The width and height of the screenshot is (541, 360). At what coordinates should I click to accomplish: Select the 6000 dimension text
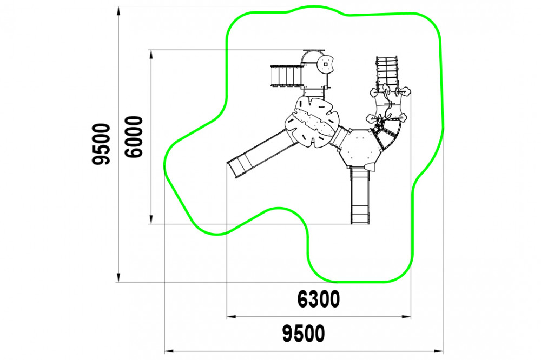coord(134,137)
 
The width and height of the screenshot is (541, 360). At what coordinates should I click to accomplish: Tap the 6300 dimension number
coord(319,299)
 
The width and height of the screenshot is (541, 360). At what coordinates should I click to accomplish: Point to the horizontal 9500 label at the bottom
coord(304,334)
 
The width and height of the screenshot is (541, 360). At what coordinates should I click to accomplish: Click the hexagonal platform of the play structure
coord(360,148)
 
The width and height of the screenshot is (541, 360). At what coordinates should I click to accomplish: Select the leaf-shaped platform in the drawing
coord(312,122)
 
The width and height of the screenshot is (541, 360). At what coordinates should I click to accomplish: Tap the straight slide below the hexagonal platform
coord(360,195)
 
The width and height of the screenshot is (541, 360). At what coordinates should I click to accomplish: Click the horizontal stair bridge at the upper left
coord(286,76)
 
